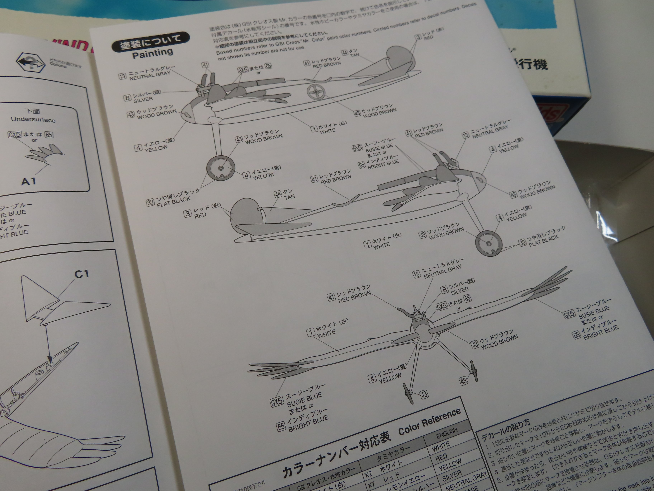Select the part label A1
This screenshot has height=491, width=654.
(x=29, y=181)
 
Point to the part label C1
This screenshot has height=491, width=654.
(x=82, y=274)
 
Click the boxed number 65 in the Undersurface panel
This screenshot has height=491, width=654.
(x=49, y=135)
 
